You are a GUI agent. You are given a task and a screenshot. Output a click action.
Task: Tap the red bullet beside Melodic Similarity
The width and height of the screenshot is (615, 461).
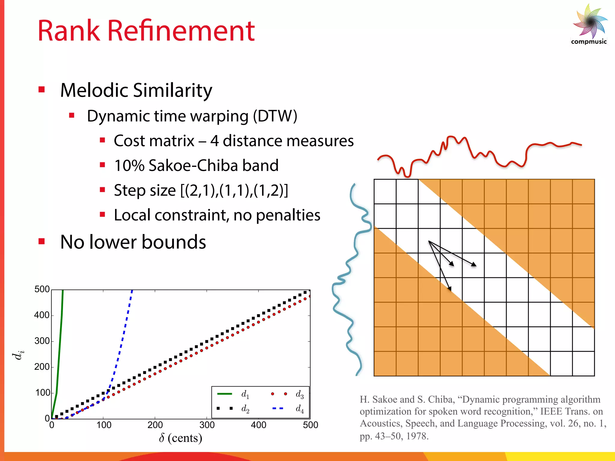(42, 89)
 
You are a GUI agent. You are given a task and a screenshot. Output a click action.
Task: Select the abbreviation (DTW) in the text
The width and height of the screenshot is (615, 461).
(275, 116)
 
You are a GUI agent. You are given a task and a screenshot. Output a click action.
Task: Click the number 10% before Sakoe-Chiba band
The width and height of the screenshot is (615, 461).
(129, 165)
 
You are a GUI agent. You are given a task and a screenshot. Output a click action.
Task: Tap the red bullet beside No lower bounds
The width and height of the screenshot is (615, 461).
(42, 241)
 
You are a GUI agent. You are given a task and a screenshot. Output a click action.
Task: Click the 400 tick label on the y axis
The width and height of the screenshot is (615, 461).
(42, 315)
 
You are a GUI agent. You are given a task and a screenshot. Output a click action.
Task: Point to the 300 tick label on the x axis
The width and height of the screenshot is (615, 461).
(207, 425)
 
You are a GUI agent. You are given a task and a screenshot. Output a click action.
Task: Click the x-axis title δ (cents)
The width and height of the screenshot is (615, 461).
(180, 438)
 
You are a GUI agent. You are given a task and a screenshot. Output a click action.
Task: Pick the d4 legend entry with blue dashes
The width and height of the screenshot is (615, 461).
(288, 408)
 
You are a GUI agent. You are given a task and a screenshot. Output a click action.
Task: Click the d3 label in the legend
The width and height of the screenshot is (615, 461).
(299, 394)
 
